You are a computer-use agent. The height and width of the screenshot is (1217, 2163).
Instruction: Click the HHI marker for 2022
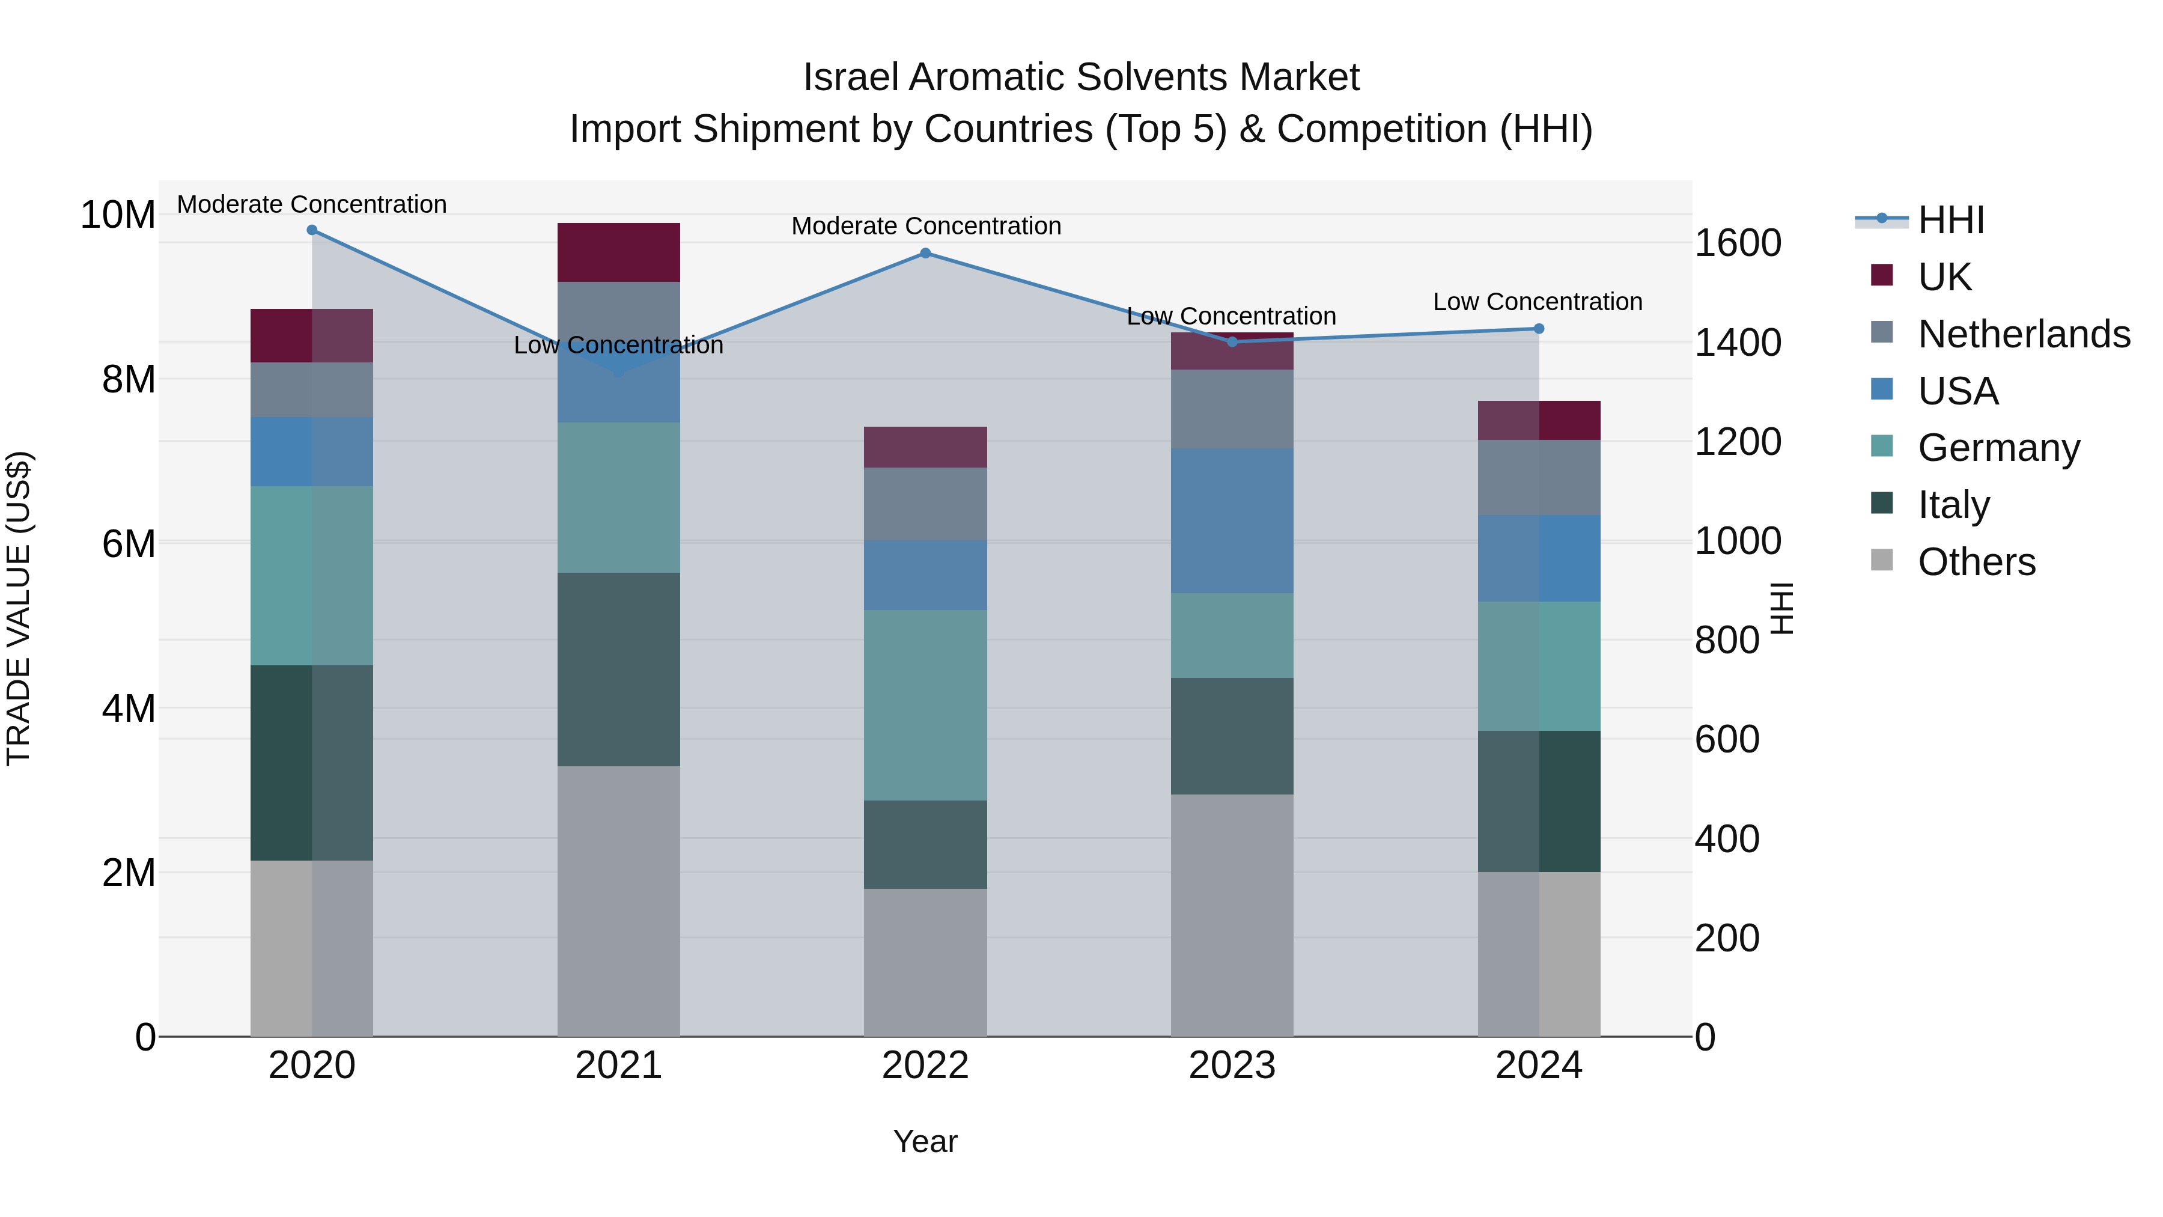point(925,253)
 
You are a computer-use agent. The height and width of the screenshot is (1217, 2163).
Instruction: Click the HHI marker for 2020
point(311,230)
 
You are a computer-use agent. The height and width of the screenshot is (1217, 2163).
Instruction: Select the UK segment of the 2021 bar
point(618,252)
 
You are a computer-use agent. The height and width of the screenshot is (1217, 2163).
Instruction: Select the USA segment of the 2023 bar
point(1232,520)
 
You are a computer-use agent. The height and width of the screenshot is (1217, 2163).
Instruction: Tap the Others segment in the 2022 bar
point(925,962)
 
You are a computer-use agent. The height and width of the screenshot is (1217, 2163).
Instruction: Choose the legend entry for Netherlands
point(2024,334)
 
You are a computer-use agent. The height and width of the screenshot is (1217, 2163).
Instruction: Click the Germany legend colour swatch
point(1882,446)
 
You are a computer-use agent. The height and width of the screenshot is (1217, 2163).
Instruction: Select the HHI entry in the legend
point(1950,219)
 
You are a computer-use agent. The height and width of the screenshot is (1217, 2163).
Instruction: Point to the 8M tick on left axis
point(127,379)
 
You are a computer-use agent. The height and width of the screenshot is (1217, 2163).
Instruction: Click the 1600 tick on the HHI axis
point(1737,243)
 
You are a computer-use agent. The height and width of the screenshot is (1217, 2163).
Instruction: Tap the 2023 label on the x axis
point(1232,1065)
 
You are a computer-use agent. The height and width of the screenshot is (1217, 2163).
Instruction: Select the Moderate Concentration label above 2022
point(925,226)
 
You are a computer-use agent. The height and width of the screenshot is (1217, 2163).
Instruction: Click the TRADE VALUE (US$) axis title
point(19,608)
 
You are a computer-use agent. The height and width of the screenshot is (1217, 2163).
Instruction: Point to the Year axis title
point(925,1141)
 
